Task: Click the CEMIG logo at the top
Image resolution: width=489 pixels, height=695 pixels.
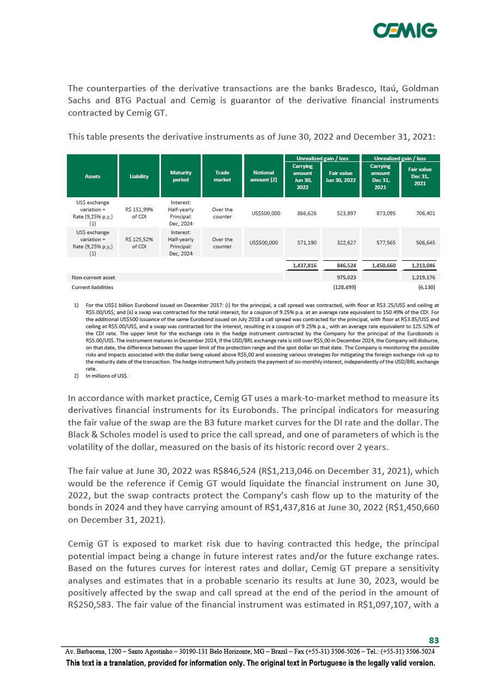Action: pyautogui.click(x=405, y=30)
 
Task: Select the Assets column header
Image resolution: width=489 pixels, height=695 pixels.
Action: pyautogui.click(x=92, y=176)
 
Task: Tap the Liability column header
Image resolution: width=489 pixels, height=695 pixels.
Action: pyautogui.click(x=139, y=176)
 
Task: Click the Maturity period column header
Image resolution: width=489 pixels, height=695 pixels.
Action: pyautogui.click(x=181, y=176)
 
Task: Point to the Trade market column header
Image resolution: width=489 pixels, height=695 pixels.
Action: pyautogui.click(x=222, y=176)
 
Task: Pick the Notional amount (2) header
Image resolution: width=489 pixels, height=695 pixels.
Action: pyautogui.click(x=263, y=176)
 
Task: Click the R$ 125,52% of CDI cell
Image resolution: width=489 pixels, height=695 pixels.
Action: pyautogui.click(x=139, y=243)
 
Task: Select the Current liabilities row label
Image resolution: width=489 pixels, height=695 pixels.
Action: pyautogui.click(x=93, y=286)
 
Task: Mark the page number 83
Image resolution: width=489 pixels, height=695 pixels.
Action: pyautogui.click(x=434, y=640)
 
